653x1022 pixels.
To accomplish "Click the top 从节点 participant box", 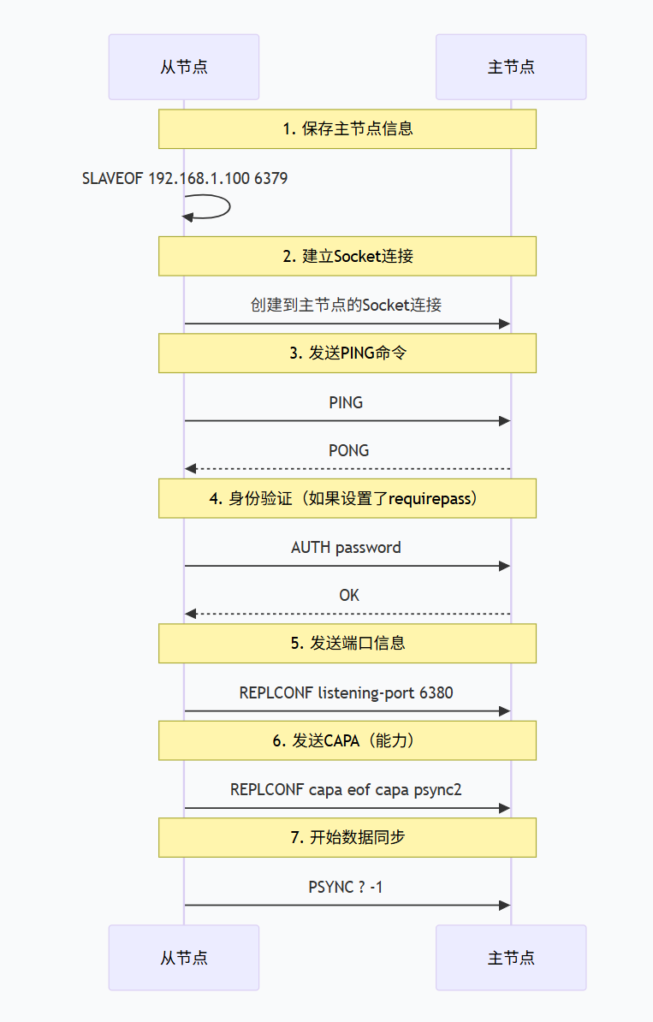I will (183, 67).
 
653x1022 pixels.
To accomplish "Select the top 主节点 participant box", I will (511, 67).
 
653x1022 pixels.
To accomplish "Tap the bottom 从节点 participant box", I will (183, 957).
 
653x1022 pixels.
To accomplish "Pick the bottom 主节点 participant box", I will (511, 957).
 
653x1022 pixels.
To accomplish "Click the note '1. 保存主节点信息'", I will (347, 129).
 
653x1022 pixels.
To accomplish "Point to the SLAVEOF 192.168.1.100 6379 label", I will (184, 178).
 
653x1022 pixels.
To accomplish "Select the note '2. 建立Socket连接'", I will (347, 256).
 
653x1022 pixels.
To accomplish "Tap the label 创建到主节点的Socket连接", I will (347, 305).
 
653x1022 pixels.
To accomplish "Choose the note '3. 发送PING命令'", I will (347, 353).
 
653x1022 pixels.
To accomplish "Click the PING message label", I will (346, 402).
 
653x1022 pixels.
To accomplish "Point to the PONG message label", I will (348, 450).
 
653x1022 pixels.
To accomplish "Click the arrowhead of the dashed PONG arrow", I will (190, 469).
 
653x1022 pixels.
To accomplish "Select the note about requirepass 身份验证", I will (347, 498).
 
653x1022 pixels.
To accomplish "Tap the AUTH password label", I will (346, 547).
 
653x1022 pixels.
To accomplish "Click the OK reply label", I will (348, 595).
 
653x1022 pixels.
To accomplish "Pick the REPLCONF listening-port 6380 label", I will (346, 692).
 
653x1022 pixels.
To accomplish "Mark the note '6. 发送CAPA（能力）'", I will (347, 740).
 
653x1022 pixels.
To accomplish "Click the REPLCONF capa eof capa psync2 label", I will (346, 789).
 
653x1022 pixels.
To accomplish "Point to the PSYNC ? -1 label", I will (346, 887).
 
